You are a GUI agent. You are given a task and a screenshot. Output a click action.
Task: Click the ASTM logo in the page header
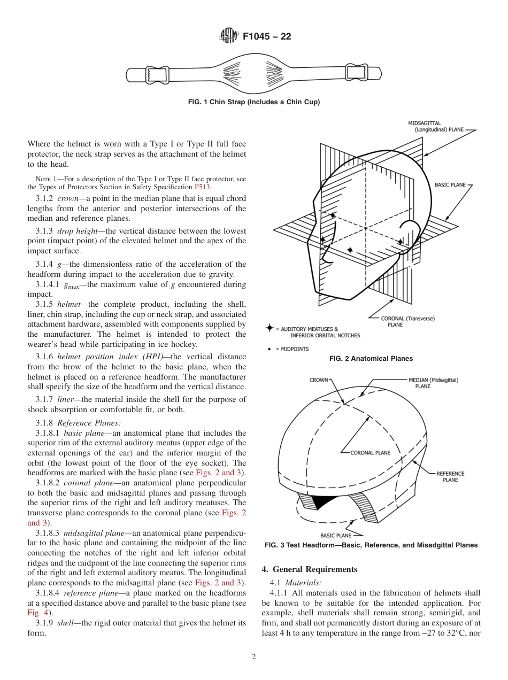[x=228, y=36]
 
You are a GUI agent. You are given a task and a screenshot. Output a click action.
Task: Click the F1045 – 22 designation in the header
[x=267, y=37]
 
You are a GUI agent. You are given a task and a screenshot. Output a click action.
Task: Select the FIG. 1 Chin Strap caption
[x=253, y=102]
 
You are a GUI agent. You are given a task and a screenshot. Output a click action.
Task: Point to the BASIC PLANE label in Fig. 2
[x=450, y=185]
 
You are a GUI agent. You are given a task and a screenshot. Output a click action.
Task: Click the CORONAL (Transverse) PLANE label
[x=407, y=321]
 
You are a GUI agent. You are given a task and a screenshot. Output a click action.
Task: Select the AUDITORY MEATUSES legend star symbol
[x=270, y=328]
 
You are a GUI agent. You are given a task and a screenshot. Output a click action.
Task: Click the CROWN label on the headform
[x=319, y=380]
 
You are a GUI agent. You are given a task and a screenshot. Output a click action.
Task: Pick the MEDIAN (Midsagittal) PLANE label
[x=433, y=383]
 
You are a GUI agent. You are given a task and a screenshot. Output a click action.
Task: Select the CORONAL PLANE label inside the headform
[x=370, y=453]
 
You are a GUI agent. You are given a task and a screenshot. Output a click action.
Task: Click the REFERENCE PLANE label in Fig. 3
[x=450, y=477]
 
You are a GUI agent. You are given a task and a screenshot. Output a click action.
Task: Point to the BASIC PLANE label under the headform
[x=335, y=535]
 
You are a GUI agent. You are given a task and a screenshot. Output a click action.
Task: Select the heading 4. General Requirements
[x=309, y=569]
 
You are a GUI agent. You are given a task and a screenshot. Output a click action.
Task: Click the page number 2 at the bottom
[x=254, y=657]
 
